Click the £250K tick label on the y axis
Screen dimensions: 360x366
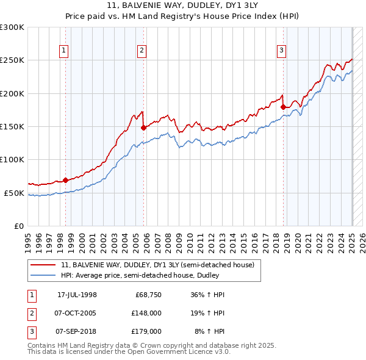pos(12,60)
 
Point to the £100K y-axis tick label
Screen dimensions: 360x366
pos(12,159)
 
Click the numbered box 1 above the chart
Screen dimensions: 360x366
pos(64,51)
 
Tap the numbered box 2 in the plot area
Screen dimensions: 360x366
pos(142,51)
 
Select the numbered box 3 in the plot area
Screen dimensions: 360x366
pos(281,51)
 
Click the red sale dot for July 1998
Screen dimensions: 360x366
pos(65,181)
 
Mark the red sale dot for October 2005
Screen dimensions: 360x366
pos(143,128)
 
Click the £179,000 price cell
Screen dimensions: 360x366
pos(146,331)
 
